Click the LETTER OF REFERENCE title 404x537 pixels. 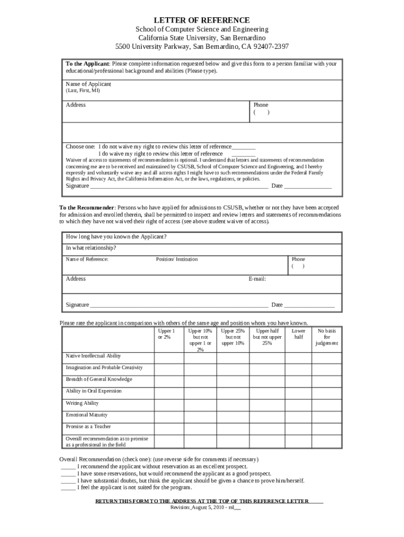(x=201, y=20)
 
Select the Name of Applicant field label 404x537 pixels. (x=88, y=84)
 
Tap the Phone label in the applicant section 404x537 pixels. (x=261, y=105)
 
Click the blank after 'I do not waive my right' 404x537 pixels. (x=243, y=147)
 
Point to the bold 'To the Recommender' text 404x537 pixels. (x=86, y=207)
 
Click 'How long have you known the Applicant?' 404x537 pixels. (x=116, y=237)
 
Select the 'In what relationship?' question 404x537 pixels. (x=91, y=248)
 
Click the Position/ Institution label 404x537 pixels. (x=177, y=259)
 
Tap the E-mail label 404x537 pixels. (x=257, y=279)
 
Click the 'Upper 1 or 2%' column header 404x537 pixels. (x=166, y=334)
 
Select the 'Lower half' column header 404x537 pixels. (x=298, y=334)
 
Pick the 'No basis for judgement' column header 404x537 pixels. (x=326, y=337)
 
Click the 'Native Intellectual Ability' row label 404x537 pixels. (x=93, y=356)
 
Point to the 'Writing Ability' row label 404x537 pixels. (x=82, y=403)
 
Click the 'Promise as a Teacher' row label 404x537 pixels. (x=88, y=426)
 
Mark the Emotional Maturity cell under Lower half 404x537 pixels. (x=298, y=415)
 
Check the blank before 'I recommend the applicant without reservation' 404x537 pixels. (x=68, y=466)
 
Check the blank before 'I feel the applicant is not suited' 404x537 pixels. (x=68, y=487)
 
